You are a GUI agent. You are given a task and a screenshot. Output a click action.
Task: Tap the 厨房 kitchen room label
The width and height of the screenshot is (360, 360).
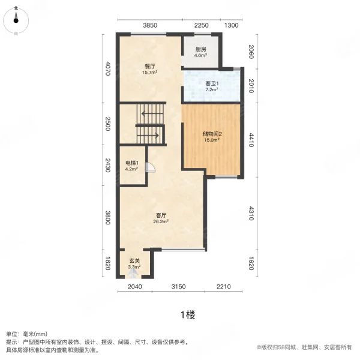tap(200, 50)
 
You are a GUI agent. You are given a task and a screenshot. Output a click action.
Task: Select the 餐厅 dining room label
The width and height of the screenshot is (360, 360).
tap(149, 67)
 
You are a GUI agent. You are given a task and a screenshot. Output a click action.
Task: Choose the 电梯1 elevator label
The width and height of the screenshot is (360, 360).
tap(132, 163)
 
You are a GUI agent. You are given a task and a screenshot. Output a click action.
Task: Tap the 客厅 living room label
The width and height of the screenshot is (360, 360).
tap(161, 214)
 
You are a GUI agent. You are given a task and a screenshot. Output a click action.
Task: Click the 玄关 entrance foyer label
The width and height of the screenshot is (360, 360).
tap(135, 260)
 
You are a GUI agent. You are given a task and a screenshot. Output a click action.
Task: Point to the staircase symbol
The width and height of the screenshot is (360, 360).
tap(150, 123)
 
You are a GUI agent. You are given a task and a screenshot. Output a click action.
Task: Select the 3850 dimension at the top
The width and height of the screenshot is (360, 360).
tap(149, 25)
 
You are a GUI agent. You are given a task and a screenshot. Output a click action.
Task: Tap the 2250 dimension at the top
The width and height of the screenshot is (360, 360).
tap(201, 25)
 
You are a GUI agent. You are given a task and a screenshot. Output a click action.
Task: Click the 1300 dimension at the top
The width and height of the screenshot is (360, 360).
tap(232, 25)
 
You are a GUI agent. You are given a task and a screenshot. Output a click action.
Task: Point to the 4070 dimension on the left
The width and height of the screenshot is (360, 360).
tap(108, 70)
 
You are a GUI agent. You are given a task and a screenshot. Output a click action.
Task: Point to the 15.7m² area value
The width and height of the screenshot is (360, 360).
tap(149, 73)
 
